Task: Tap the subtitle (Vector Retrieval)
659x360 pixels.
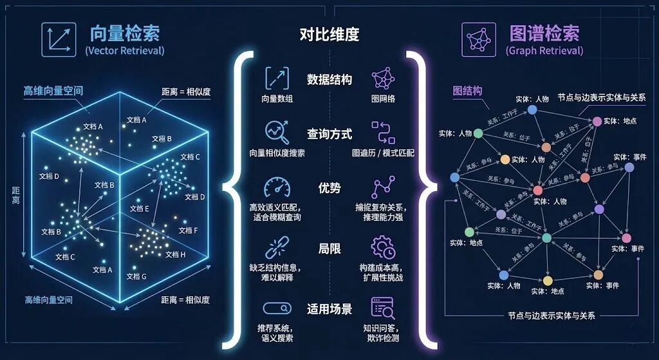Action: pos(125,51)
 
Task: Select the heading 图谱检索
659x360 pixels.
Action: pos(544,33)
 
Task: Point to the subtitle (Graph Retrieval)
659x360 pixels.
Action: pos(544,51)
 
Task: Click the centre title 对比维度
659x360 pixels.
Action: pos(329,34)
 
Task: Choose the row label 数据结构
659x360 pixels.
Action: pos(329,80)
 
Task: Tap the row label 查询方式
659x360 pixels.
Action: pos(329,135)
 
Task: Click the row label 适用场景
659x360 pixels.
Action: pos(329,309)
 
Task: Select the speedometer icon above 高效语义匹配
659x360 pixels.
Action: pos(277,187)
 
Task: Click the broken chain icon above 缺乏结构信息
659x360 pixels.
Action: pos(277,247)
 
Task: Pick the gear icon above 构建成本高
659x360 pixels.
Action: pos(383,247)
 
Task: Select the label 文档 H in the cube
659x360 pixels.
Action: pos(174,254)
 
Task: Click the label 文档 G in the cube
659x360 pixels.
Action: pos(136,276)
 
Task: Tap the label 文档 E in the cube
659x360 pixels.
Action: pos(139,209)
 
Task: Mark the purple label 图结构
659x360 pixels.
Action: pos(467,91)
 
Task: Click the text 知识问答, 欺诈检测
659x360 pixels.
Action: pos(383,333)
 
